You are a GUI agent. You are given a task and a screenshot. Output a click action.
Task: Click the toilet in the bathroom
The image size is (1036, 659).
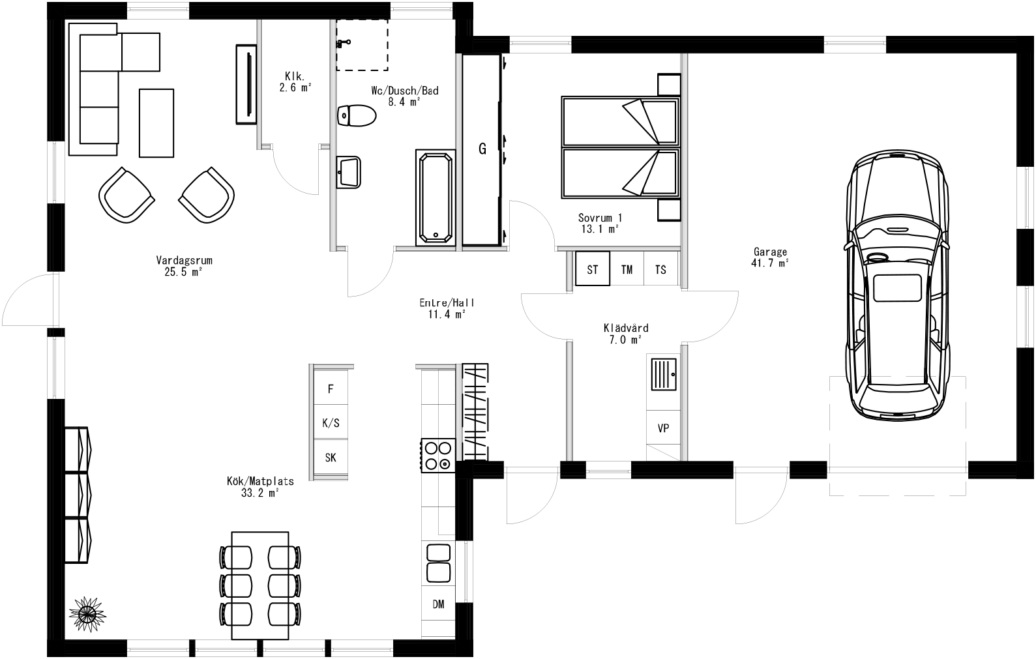tap(357, 116)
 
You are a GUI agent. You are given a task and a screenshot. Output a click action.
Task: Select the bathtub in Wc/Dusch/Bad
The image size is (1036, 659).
tap(435, 198)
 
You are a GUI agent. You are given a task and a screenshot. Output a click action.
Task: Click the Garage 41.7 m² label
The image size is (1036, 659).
tap(770, 257)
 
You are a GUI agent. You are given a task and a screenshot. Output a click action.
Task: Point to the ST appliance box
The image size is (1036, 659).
tap(592, 269)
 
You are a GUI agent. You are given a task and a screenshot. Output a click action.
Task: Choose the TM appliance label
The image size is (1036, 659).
tap(627, 269)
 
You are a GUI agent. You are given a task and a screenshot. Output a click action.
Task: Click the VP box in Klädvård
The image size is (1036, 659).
tap(663, 428)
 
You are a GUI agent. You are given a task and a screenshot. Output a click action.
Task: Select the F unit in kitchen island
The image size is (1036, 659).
tap(331, 389)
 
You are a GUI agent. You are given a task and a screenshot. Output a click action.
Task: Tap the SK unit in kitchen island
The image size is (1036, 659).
tap(331, 458)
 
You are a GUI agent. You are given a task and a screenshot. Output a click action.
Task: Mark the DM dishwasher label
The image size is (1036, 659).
tap(438, 604)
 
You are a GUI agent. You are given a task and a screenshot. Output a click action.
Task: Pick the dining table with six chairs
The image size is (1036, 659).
tap(261, 584)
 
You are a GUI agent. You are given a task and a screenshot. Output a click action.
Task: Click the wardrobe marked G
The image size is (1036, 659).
tap(482, 149)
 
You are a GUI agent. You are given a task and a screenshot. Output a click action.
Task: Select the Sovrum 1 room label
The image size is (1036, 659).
tap(600, 223)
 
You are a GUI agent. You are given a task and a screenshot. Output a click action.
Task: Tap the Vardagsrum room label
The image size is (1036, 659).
tap(184, 266)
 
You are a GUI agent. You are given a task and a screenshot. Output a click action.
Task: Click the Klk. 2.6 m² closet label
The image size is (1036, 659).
tap(295, 81)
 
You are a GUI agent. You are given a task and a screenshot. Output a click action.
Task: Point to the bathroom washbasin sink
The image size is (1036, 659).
tap(349, 172)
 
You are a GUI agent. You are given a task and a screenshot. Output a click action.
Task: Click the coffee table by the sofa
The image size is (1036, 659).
tap(156, 123)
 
